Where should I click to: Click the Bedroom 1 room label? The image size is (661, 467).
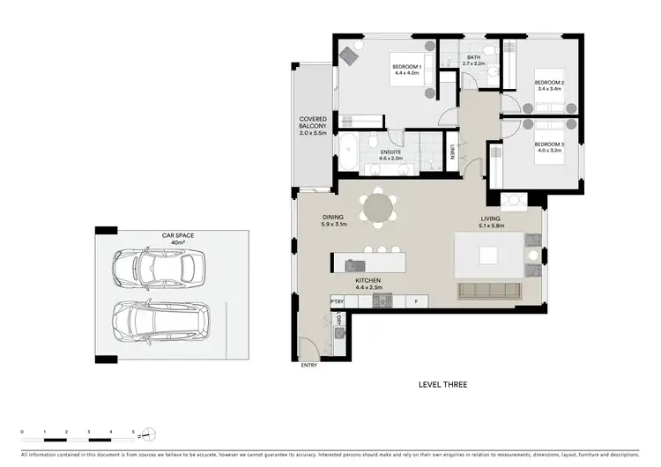click(x=407, y=71)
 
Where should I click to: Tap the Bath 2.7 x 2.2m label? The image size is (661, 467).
click(x=474, y=61)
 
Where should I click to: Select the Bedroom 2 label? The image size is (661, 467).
click(x=549, y=85)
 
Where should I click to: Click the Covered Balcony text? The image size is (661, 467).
click(x=313, y=126)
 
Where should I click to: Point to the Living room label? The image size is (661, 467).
click(x=491, y=221)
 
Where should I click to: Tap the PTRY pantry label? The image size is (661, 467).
click(x=337, y=301)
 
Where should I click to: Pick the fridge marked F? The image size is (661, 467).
click(x=416, y=301)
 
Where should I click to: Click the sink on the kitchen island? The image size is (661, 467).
click(x=355, y=263)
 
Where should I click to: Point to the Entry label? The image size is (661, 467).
click(x=308, y=364)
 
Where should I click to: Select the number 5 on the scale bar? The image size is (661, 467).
click(x=132, y=429)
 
